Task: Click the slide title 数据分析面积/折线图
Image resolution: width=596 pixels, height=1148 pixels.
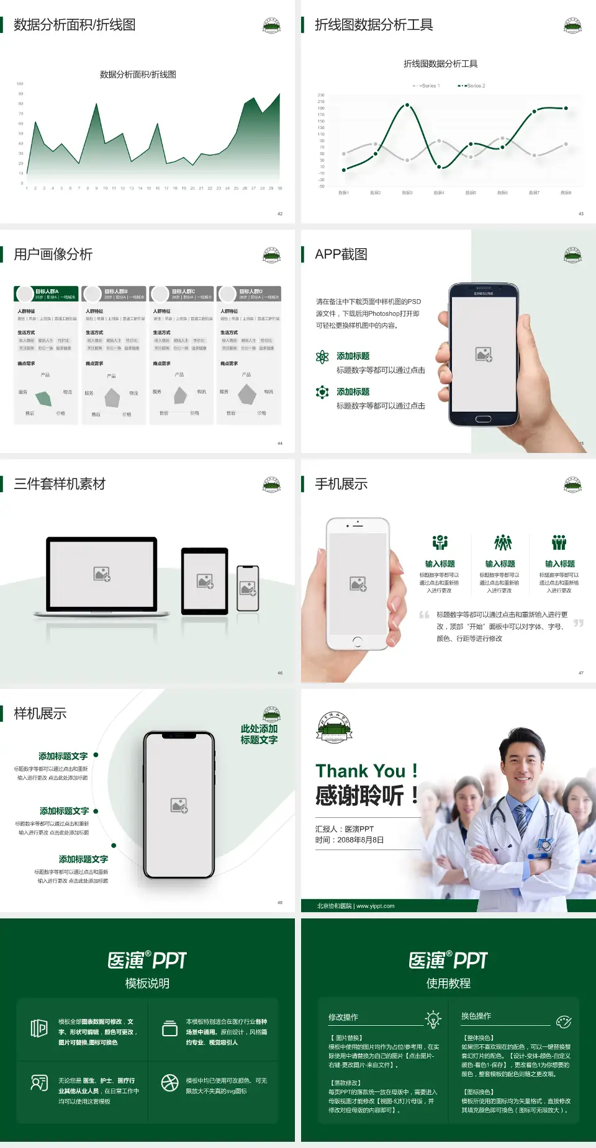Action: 74,25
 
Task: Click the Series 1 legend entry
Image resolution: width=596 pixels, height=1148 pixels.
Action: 427,86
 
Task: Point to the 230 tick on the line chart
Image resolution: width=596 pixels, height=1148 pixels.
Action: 321,95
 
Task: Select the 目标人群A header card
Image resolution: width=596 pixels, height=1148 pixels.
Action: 47,294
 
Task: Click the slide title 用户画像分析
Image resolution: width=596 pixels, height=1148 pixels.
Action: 53,254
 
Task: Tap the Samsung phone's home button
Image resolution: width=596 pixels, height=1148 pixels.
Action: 483,419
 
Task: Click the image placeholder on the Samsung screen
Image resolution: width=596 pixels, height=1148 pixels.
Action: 484,354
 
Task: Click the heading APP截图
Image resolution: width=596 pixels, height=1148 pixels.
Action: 341,254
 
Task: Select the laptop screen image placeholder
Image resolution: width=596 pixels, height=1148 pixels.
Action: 102,574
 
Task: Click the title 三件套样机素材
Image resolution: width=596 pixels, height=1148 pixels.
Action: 60,484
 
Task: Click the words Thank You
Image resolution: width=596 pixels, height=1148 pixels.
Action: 360,771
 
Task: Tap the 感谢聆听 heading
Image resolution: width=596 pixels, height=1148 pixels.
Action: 360,796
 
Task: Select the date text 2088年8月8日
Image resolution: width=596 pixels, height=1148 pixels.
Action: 361,840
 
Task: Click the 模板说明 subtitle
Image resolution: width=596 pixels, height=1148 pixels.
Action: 147,984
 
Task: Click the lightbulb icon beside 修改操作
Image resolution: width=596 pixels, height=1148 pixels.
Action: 433,1018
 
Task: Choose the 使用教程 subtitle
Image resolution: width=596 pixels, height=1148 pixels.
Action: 448,984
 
